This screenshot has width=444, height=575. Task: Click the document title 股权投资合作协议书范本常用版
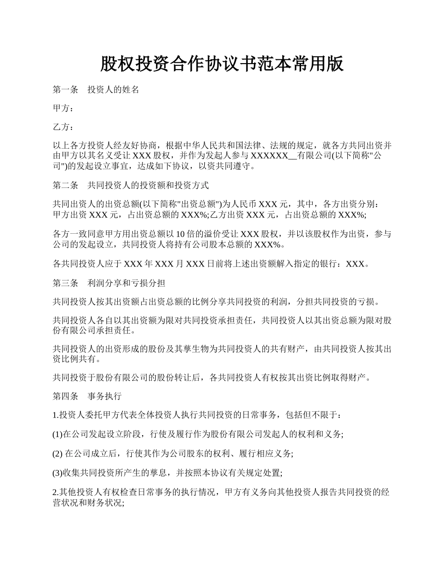[x=222, y=64]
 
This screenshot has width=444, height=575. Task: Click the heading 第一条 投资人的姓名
[x=96, y=90]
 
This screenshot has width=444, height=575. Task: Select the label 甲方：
[x=63, y=108]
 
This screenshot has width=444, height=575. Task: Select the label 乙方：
[x=63, y=127]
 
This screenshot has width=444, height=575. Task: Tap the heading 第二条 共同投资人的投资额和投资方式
[x=130, y=185]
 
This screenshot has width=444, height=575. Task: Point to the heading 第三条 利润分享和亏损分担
[x=108, y=283]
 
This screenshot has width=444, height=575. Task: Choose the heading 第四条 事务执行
[x=87, y=396]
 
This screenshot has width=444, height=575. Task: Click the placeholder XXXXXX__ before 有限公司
[x=273, y=156]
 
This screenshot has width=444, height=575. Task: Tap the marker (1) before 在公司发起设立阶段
[x=57, y=434]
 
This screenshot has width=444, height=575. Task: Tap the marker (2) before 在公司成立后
[x=57, y=453]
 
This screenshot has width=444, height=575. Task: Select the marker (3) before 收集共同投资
[x=57, y=473]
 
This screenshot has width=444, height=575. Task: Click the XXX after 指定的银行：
[x=355, y=264]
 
